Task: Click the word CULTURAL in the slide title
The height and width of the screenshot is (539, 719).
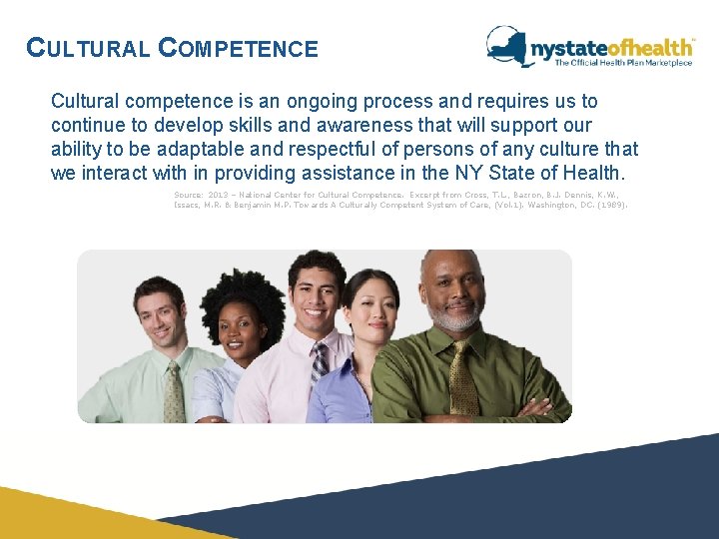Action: [x=88, y=48]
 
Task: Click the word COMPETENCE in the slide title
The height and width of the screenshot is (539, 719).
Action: [x=239, y=48]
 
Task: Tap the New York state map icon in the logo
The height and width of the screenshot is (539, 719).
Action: [x=508, y=45]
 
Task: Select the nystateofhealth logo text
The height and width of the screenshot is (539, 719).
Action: [x=611, y=47]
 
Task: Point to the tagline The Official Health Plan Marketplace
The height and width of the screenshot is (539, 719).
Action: [x=623, y=63]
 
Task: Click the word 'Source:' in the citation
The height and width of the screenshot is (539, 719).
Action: [x=188, y=195]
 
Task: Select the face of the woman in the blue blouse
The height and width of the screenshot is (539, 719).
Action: [x=368, y=312]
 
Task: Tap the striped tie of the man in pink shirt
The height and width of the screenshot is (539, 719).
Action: [x=320, y=364]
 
